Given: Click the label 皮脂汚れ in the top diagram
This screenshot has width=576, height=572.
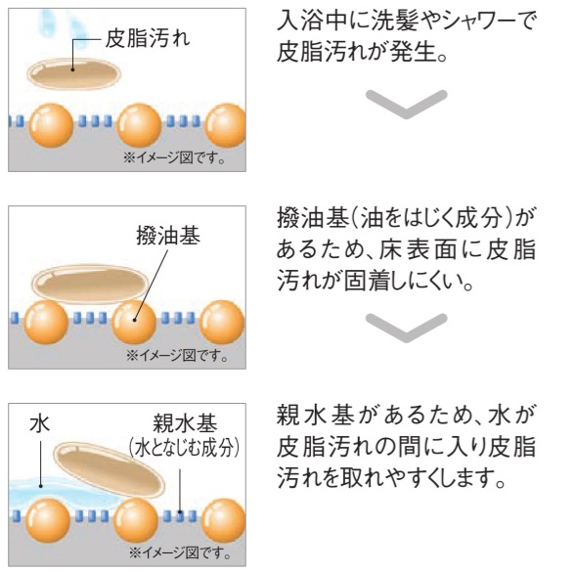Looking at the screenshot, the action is (148, 38).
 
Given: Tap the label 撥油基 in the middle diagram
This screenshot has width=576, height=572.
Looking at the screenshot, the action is (168, 235).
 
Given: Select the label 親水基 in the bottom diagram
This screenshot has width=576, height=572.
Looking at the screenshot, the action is (185, 423).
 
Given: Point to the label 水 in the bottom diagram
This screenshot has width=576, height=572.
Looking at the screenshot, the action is (40, 423).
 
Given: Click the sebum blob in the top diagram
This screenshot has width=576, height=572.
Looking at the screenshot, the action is (74, 73).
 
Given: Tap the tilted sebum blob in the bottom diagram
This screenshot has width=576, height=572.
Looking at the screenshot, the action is (110, 468).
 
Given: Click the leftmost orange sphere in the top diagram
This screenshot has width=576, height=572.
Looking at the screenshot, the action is (51, 125).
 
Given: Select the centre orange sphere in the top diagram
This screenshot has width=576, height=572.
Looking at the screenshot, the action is (139, 125).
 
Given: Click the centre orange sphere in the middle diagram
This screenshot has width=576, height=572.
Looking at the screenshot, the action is (134, 323).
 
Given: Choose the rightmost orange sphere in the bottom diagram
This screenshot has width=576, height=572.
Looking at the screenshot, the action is (224, 520).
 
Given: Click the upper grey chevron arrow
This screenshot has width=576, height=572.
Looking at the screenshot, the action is (406, 104).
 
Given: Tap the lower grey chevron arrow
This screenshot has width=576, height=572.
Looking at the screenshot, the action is (406, 328).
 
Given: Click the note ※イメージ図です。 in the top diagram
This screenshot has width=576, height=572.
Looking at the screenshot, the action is (174, 158).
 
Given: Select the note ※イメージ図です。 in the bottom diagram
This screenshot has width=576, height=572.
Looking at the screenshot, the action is (180, 552).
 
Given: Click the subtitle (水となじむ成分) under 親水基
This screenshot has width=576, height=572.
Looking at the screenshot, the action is (185, 448).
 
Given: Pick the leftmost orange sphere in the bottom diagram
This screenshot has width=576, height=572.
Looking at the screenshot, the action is (48, 520).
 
